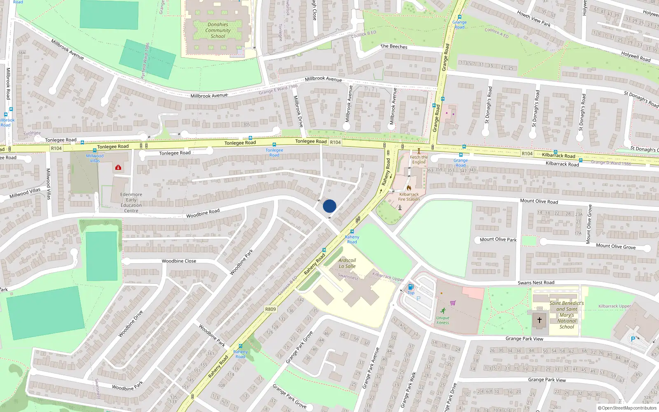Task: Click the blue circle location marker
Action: [x=329, y=206]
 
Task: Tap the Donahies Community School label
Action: [x=218, y=30]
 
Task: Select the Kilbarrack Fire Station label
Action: [x=409, y=197]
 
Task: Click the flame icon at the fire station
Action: [x=409, y=188]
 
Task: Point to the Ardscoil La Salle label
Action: [x=347, y=263]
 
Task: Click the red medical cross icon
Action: [x=118, y=167]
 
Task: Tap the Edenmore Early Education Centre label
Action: [x=131, y=202]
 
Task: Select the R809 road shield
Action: [x=270, y=309]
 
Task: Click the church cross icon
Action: [x=539, y=320]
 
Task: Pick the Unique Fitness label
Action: [x=443, y=320]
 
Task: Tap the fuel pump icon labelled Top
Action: [x=411, y=287]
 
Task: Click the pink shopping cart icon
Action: [x=453, y=303]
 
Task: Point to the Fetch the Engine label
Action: [x=419, y=159]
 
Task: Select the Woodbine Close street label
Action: [x=179, y=261]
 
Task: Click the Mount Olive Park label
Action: [x=498, y=239]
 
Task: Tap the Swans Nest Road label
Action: [x=536, y=283]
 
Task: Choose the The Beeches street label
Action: [x=394, y=47]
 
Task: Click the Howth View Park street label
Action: [x=534, y=19]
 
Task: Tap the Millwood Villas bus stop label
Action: [x=95, y=158]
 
